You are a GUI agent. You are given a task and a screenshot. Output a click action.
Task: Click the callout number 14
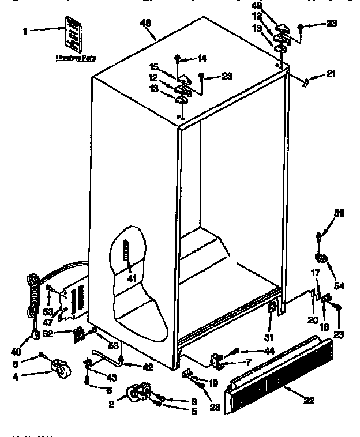click(x=201, y=58)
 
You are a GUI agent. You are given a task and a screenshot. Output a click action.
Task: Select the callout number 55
click(x=340, y=214)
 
